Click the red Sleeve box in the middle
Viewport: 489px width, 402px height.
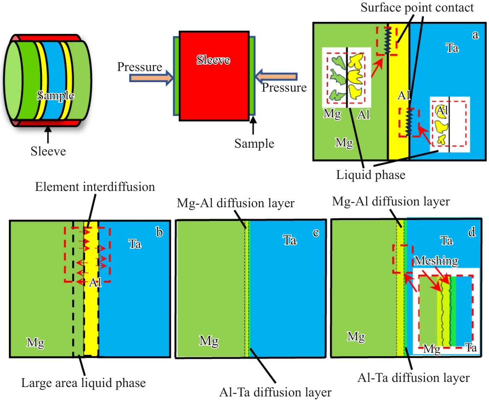(x=214, y=76)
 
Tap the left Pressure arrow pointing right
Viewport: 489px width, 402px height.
(x=151, y=78)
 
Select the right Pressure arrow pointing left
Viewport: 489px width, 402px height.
(x=276, y=77)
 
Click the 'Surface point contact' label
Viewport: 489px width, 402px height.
(x=417, y=7)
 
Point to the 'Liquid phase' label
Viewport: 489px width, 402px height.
(x=370, y=175)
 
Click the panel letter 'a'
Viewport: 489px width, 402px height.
(x=475, y=35)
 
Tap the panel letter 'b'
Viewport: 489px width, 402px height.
(x=159, y=232)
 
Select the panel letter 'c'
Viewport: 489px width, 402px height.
(x=316, y=232)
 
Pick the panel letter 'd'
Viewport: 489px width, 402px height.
(x=472, y=232)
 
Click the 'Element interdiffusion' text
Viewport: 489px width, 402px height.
(x=95, y=187)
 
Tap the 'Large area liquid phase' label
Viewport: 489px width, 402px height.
(x=83, y=383)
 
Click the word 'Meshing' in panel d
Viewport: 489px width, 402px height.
(x=436, y=261)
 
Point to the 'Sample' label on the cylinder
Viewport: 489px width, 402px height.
(x=56, y=95)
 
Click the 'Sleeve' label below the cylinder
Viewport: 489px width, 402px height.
(x=48, y=151)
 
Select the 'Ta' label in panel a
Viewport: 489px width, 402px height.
(x=452, y=48)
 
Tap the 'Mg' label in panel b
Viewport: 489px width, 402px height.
(x=35, y=342)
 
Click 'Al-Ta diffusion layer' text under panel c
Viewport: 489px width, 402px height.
(x=276, y=392)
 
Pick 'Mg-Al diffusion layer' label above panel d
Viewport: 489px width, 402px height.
(x=391, y=201)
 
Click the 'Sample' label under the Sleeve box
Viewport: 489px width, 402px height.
(x=254, y=143)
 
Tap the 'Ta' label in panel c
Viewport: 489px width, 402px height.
(x=290, y=240)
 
